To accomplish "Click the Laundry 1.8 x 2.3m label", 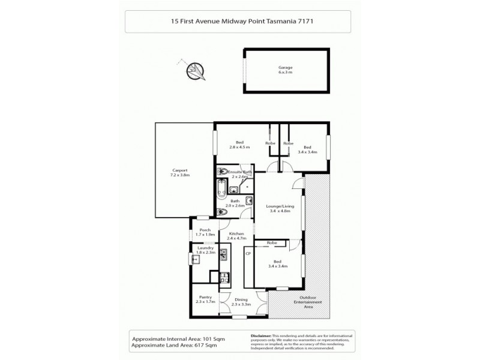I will (205, 249).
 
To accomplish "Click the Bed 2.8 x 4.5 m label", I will (239, 145).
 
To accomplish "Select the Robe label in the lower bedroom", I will (272, 243).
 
